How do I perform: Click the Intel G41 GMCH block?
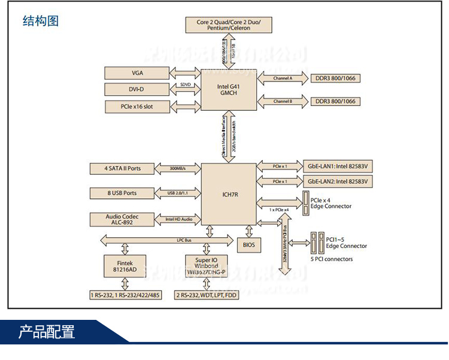click(x=229, y=89)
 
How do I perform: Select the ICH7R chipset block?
click(x=229, y=193)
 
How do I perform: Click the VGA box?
click(x=136, y=73)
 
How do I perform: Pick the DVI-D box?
click(x=136, y=89)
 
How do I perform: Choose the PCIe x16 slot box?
click(x=136, y=106)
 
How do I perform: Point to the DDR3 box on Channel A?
click(x=335, y=78)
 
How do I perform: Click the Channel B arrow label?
click(x=283, y=101)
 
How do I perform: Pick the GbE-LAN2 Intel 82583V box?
click(x=338, y=181)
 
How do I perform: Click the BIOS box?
click(x=249, y=244)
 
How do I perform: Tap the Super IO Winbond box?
click(x=205, y=265)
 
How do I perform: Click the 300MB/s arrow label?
click(x=177, y=168)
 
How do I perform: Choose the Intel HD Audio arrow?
click(x=177, y=219)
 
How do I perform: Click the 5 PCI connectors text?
click(x=332, y=259)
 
